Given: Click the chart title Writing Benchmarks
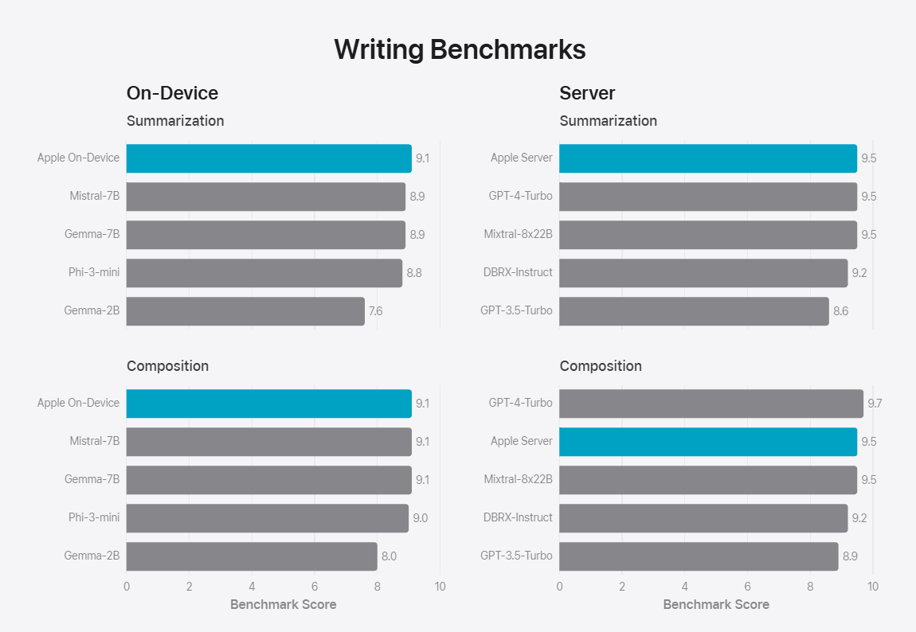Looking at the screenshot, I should (x=460, y=49).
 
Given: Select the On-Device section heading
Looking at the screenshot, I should (x=172, y=93).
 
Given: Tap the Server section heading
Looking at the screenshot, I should (x=587, y=93).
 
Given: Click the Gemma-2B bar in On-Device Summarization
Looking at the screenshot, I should (x=245, y=311).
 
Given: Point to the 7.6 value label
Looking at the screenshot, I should (x=375, y=311).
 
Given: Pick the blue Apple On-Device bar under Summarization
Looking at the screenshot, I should (x=268, y=158).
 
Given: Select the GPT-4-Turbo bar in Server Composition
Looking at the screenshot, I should (x=710, y=404).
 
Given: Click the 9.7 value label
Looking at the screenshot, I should (x=875, y=404).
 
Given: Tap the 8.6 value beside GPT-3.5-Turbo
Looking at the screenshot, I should (x=840, y=311).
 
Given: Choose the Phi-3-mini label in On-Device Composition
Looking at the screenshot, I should (x=94, y=517).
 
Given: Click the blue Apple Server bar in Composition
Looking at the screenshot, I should (x=707, y=442).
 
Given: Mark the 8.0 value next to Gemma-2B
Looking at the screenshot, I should (x=389, y=556).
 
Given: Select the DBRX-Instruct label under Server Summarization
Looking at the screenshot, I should (x=518, y=272).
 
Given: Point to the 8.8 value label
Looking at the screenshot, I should (x=414, y=273).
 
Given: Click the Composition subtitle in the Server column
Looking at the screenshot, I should (x=601, y=366).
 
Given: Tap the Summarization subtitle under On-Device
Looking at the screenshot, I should (x=175, y=121).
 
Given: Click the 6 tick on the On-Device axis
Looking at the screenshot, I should (x=315, y=587).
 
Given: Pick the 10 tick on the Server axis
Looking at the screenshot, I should (x=873, y=587).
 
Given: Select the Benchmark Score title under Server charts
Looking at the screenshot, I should (x=716, y=604).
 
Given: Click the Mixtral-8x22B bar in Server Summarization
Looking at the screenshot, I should (x=707, y=235).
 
